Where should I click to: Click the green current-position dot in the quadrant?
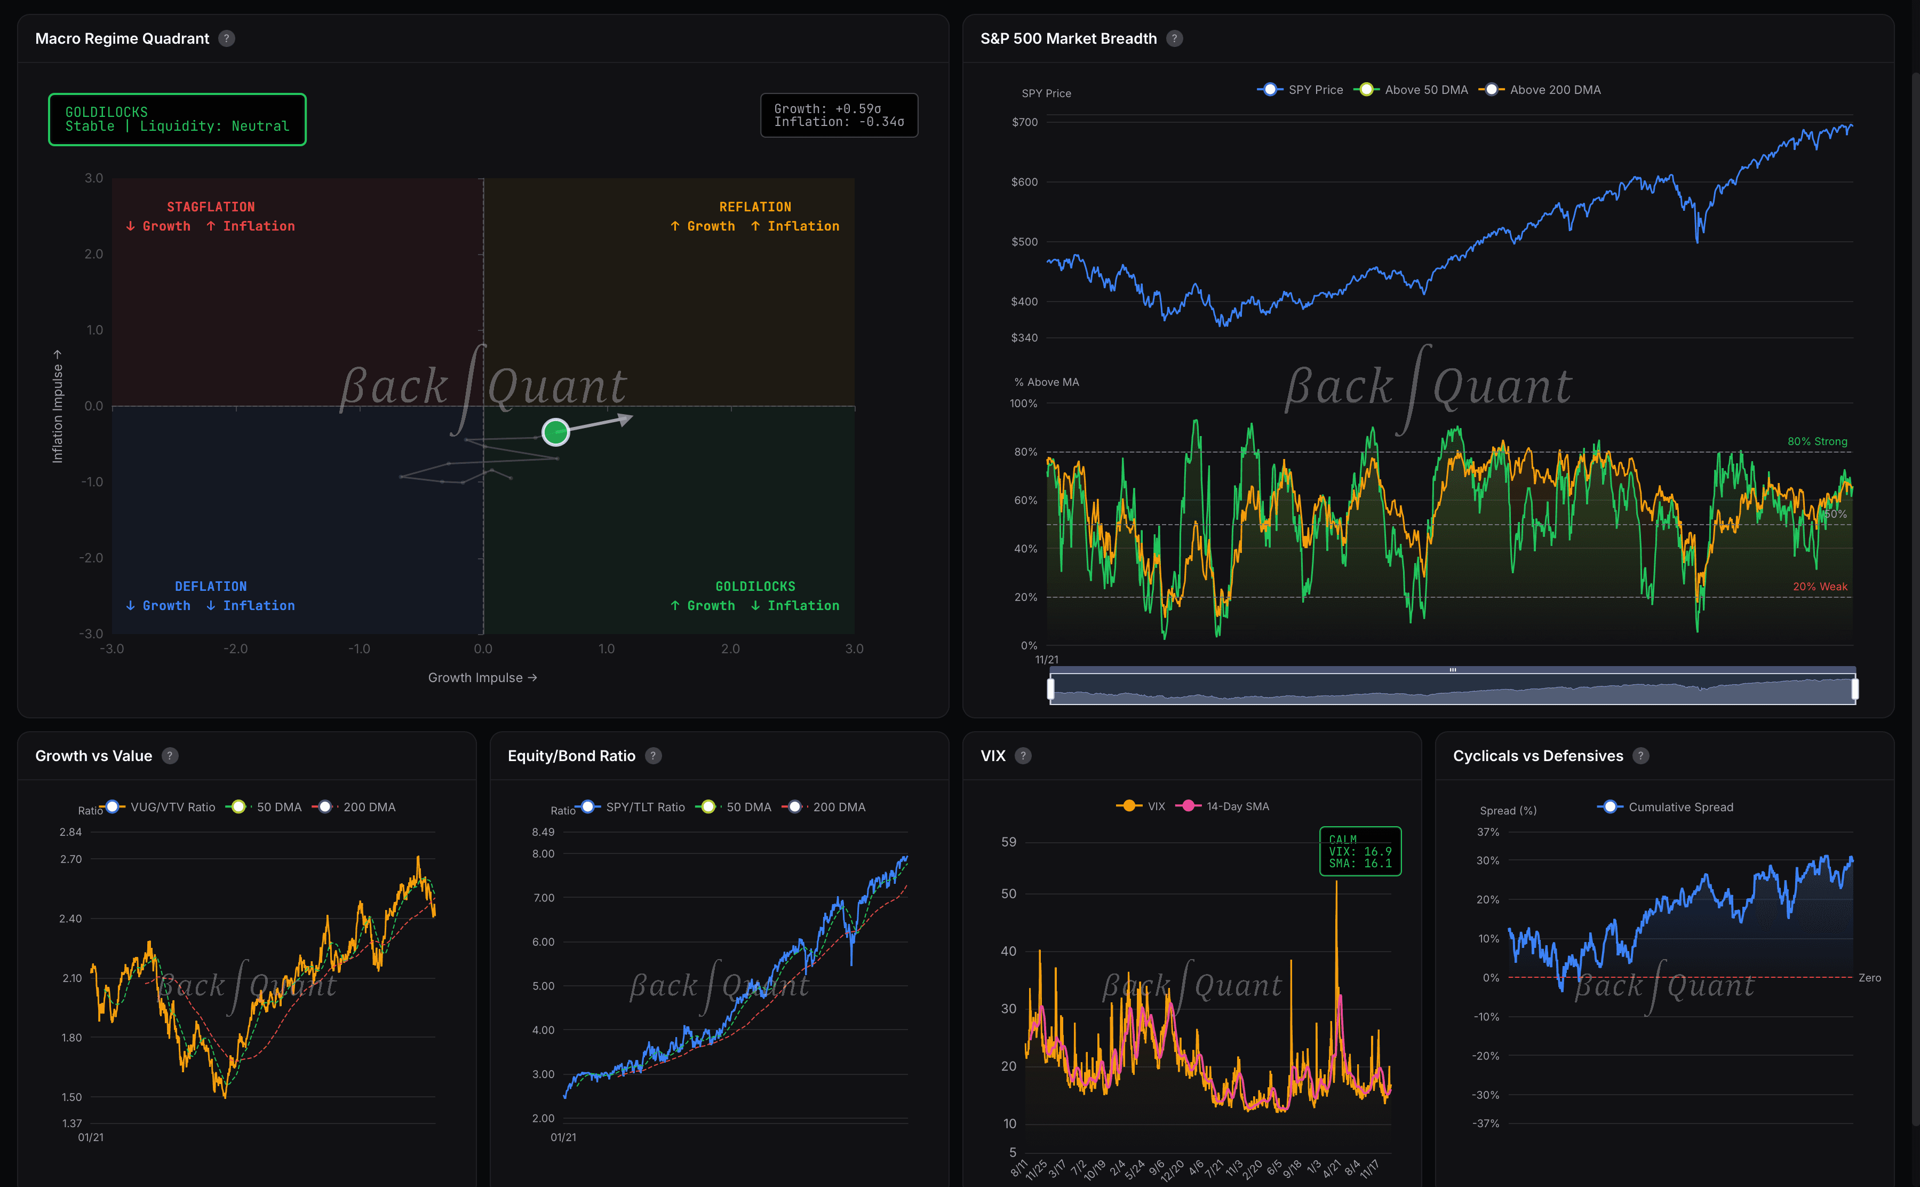coord(555,432)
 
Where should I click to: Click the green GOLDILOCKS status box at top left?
coord(177,120)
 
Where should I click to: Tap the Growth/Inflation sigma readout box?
coord(839,115)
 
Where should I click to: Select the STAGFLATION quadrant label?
coord(210,207)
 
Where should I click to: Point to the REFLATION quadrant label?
coord(755,207)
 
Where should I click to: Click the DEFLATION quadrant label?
coord(210,587)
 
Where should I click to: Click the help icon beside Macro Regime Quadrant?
coord(227,38)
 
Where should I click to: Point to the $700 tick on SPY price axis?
coord(1024,122)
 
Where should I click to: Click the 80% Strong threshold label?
coord(1817,441)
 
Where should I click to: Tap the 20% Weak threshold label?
coord(1820,587)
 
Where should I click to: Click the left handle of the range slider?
coord(1050,689)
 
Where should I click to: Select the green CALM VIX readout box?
coord(1360,851)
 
